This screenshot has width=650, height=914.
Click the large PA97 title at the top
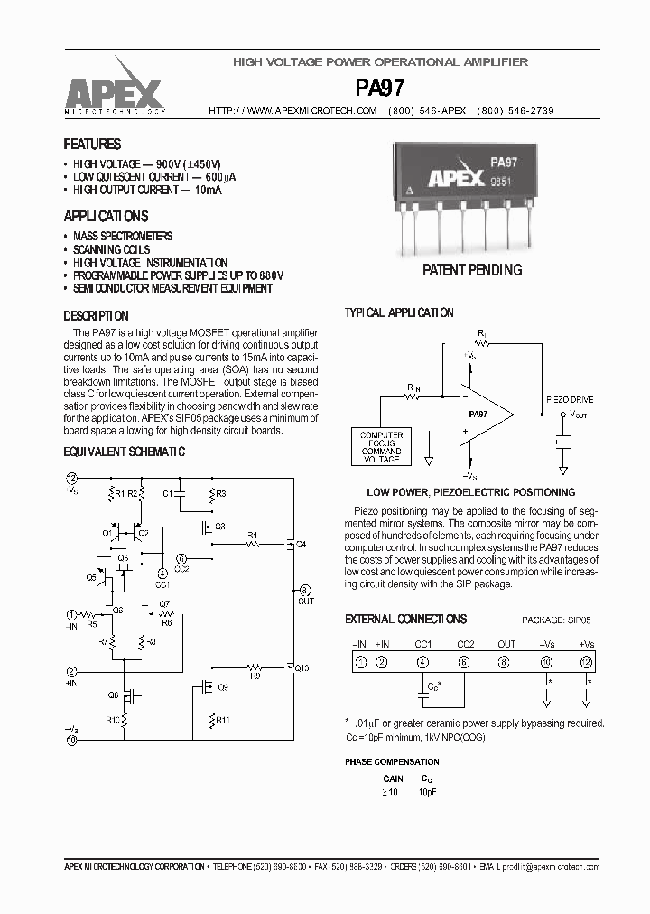click(380, 88)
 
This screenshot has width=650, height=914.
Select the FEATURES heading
click(92, 144)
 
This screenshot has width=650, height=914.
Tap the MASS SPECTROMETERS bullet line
click(123, 236)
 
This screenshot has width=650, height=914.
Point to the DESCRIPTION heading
click(96, 316)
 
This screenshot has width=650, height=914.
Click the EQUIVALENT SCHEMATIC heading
click(124, 451)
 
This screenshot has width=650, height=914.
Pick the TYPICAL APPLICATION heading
click(399, 312)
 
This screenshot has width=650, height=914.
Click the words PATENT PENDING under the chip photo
click(472, 270)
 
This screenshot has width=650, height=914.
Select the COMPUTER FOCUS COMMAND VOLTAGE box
click(381, 446)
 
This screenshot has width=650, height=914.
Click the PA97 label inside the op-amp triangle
click(478, 413)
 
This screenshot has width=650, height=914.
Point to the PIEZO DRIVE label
click(570, 397)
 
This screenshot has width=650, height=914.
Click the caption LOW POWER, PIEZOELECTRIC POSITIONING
click(470, 492)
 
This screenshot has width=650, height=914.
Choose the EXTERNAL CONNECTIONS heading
click(405, 619)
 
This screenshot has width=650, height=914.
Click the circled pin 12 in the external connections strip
click(587, 662)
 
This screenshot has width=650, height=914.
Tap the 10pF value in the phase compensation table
click(427, 792)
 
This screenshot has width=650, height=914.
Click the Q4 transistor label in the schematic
click(301, 545)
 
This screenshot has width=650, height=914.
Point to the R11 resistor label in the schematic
click(222, 719)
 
